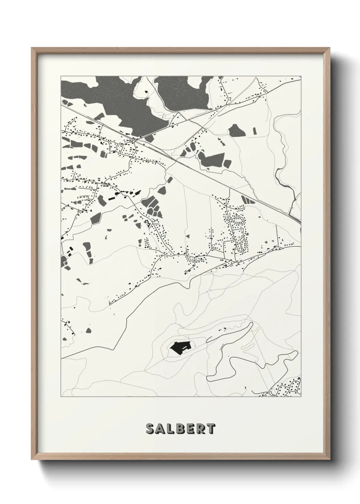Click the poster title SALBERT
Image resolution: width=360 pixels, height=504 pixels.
(180, 429)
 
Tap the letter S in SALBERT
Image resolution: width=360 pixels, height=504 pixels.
(149, 429)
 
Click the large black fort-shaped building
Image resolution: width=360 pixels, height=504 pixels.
(180, 347)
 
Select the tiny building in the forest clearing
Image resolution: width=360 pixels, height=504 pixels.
(147, 92)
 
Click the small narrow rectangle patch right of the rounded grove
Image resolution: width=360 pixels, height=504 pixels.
(255, 131)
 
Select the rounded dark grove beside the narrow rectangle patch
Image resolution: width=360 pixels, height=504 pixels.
(234, 130)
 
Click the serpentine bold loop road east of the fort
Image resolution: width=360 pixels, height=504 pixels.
(245, 361)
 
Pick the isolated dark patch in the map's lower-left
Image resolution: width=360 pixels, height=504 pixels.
(89, 330)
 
